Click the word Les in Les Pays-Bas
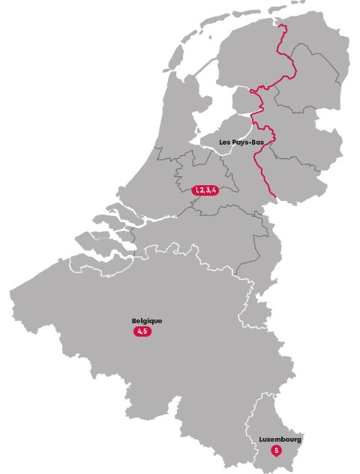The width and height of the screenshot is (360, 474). pos(224,141)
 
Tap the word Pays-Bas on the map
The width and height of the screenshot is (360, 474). pos(245,141)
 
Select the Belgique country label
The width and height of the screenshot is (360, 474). pos(146,321)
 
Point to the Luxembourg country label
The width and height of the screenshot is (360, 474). pos(280,439)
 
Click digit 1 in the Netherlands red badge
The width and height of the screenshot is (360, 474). pos(196,190)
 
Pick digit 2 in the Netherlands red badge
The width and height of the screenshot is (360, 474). pos(202,190)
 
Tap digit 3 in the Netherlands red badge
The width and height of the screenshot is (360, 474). pos(208,190)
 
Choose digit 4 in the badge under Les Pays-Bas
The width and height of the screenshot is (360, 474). pos(214,190)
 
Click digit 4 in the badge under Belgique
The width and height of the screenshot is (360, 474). pos(139,331)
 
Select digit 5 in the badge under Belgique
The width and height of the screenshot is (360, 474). pos(145,331)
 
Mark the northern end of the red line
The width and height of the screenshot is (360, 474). pos(284,27)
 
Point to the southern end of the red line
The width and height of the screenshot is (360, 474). pos(274,199)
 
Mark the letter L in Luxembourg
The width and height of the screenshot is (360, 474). pos(261,439)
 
